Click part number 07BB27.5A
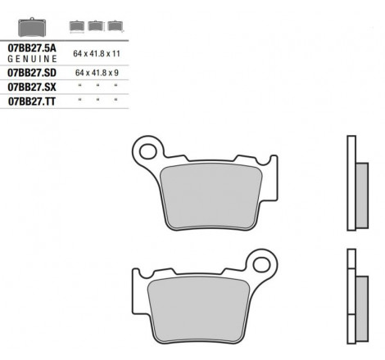point(32,48)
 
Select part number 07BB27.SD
point(32,73)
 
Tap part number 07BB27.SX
point(32,88)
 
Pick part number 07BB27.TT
point(32,101)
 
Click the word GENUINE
point(32,59)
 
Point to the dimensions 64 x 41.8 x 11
point(97,53)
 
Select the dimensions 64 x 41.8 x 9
point(97,73)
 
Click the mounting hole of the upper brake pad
point(147,151)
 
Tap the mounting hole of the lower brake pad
point(261,264)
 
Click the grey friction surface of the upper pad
point(211,196)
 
